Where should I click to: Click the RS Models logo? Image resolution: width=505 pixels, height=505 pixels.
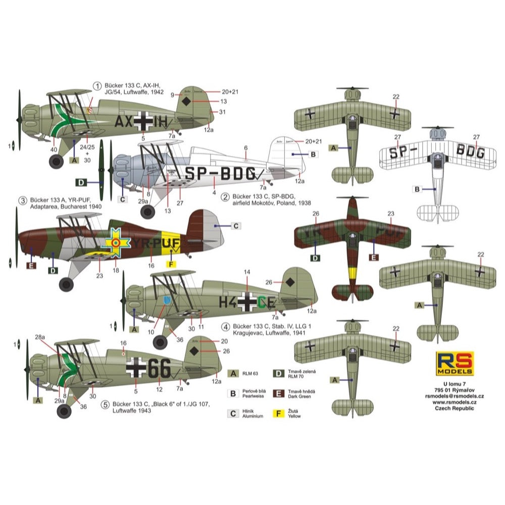[454, 363]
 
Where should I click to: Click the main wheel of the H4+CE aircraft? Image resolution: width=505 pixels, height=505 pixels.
[160, 342]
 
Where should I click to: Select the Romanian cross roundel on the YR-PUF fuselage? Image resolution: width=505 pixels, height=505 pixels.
[116, 242]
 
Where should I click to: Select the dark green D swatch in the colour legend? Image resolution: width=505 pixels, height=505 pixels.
[277, 374]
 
